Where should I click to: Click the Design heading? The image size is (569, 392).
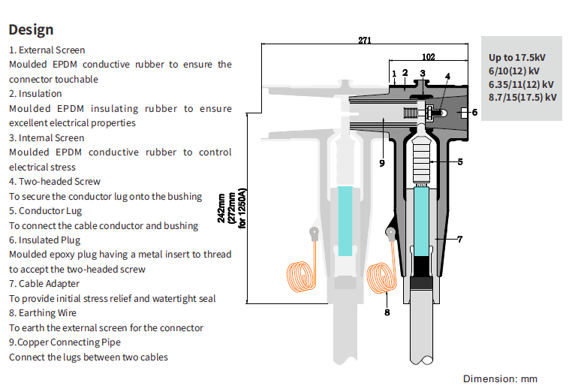pyautogui.click(x=32, y=29)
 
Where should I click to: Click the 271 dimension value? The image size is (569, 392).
pyautogui.click(x=364, y=41)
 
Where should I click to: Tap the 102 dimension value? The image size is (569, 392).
pyautogui.click(x=429, y=56)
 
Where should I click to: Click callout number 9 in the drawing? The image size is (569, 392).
pyautogui.click(x=381, y=162)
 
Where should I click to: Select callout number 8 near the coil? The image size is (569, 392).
pyautogui.click(x=387, y=312)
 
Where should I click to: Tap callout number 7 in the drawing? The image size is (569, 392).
pyautogui.click(x=460, y=239)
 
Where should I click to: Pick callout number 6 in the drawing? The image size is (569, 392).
pyautogui.click(x=474, y=112)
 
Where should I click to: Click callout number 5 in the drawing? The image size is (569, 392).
pyautogui.click(x=460, y=161)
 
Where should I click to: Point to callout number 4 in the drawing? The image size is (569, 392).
pyautogui.click(x=447, y=76)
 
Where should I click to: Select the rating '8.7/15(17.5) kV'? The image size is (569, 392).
pyautogui.click(x=522, y=97)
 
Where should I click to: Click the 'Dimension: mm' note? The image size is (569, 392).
pyautogui.click(x=500, y=378)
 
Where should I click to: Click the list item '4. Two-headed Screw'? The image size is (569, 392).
pyautogui.click(x=55, y=182)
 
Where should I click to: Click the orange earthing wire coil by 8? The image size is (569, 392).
pyautogui.click(x=380, y=278)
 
